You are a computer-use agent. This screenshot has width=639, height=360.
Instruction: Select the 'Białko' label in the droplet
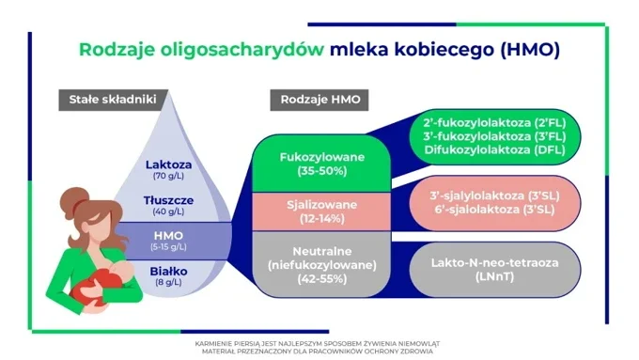click(x=168, y=271)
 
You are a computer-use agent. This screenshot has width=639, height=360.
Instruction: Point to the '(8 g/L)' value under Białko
click(x=168, y=282)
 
